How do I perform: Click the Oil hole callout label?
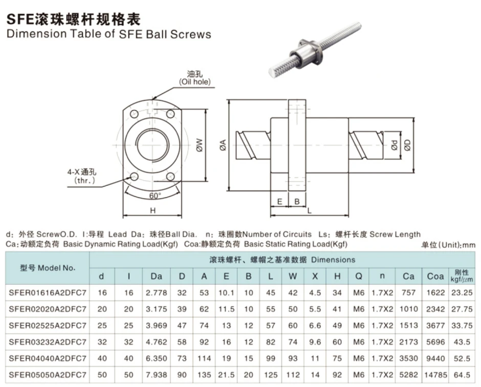coord(195,78)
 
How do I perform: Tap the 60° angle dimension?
coord(155,196)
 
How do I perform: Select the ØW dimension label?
coord(200,145)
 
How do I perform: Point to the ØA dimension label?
coord(223,145)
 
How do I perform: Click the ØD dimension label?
coord(407,145)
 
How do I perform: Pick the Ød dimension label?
coord(395,145)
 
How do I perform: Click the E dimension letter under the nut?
coord(279,202)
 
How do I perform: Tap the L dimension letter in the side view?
coord(309,210)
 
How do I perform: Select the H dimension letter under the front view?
coord(153,210)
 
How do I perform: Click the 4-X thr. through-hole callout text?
coord(82,176)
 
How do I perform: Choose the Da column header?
coord(157,276)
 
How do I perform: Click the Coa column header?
coord(435,276)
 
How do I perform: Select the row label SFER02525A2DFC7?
coord(48,325)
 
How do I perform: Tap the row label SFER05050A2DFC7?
coord(48,375)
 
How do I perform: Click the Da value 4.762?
coord(157,342)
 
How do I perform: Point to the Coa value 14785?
coord(435,375)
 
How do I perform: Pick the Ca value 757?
coord(409,292)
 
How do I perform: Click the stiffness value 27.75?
coord(462,309)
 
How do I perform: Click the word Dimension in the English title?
coord(36,34)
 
